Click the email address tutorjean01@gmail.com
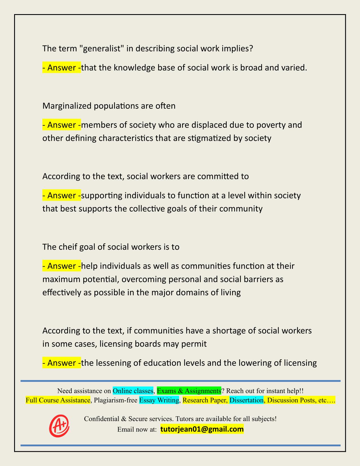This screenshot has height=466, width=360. point(202,429)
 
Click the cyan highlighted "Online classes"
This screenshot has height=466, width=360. point(133,391)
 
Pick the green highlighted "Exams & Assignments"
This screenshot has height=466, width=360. point(189,391)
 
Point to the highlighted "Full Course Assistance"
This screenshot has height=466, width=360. point(58,400)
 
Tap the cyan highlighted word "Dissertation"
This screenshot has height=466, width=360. point(246,400)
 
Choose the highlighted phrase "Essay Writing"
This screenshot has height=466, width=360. point(159,400)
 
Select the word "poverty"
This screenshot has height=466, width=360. point(270,125)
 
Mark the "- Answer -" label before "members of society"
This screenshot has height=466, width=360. point(62,125)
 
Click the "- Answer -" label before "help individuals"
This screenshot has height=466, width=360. point(62,266)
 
